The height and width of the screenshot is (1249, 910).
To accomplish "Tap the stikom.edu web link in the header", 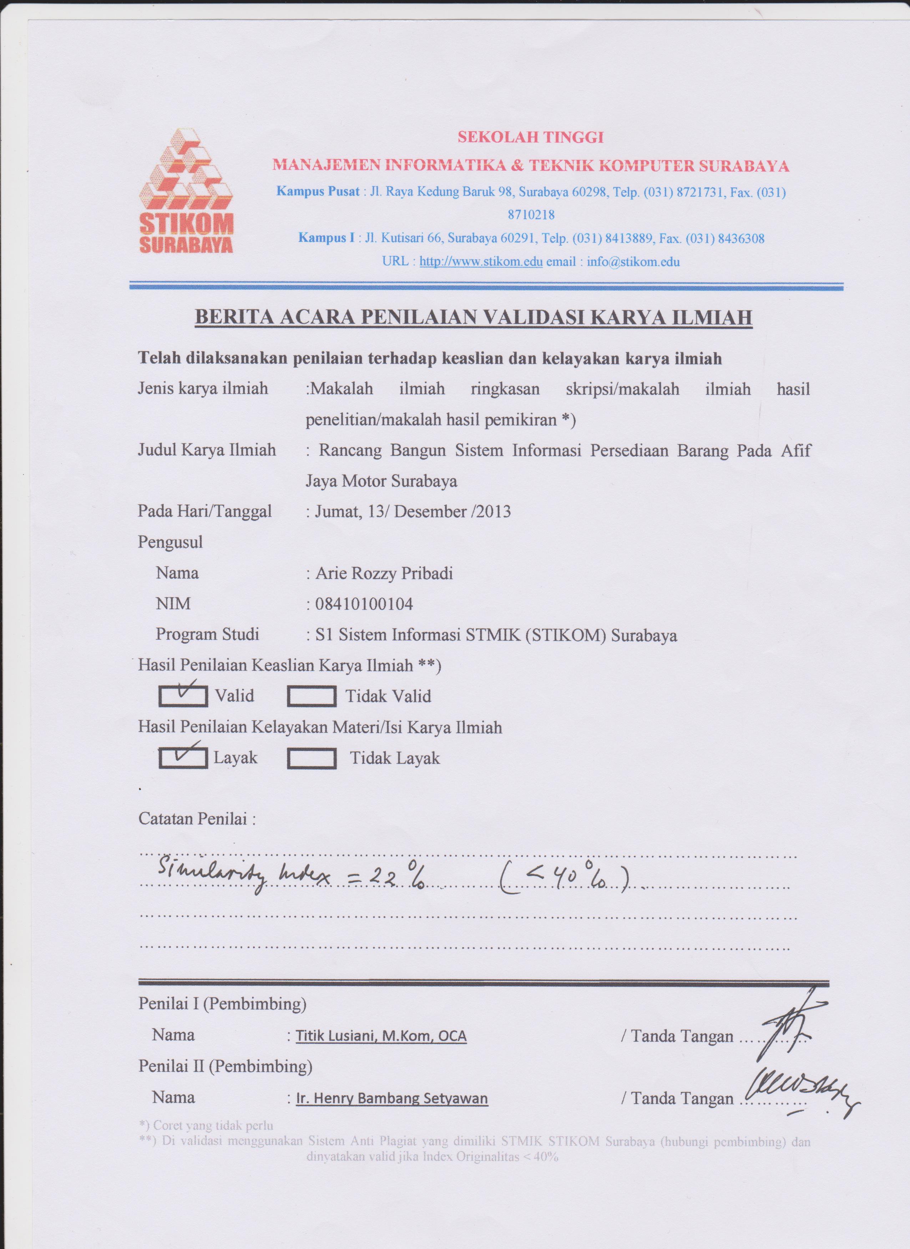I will (x=481, y=262).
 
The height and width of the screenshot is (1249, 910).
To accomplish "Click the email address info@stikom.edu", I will (x=633, y=262).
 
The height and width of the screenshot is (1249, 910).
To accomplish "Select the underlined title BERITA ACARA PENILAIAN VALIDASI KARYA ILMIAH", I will (x=474, y=318).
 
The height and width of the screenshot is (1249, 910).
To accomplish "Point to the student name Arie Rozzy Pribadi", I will (x=384, y=573).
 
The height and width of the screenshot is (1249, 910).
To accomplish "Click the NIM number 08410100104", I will (x=364, y=604).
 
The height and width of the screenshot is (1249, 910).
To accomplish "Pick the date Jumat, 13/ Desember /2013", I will (x=413, y=512).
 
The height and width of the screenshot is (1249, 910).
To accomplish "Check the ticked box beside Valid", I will (x=183, y=696).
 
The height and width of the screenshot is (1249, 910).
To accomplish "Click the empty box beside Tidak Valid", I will (x=312, y=697).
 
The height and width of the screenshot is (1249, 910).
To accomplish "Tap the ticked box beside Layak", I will (x=183, y=758).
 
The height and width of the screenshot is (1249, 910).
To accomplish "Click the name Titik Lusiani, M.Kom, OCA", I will (x=381, y=1036).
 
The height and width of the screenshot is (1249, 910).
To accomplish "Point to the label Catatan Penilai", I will (x=197, y=819).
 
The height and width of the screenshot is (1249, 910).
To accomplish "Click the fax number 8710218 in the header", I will (x=531, y=215).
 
